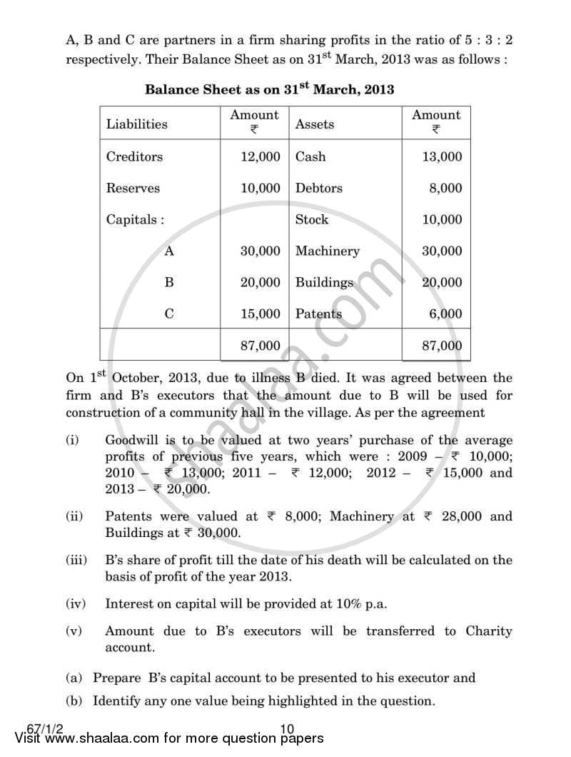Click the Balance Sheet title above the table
(x=269, y=90)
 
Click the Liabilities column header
(x=137, y=124)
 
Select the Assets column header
(x=314, y=124)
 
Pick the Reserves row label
(x=133, y=189)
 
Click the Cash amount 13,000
(x=442, y=157)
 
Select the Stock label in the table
(x=312, y=220)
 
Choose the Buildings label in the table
(x=324, y=283)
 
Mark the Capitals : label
(x=135, y=220)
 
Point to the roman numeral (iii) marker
(x=76, y=561)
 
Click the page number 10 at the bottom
(x=288, y=729)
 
